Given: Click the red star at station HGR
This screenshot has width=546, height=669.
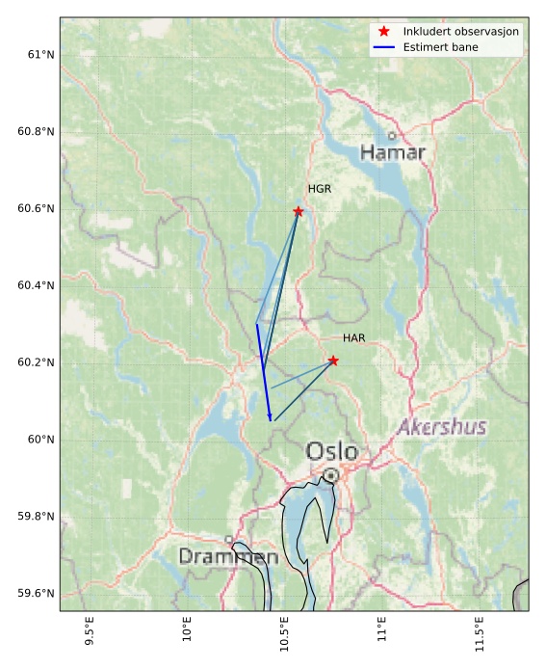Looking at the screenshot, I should (x=299, y=211).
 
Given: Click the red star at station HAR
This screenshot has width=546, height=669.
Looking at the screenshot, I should (x=333, y=361).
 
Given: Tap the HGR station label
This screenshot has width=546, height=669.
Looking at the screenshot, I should (x=319, y=189).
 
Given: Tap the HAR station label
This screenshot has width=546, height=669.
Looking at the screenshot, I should (x=353, y=338).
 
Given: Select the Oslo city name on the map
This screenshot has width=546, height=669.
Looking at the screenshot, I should (x=331, y=451).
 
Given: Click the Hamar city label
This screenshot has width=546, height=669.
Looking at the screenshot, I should (x=392, y=152).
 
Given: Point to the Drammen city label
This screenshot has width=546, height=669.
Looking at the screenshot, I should (x=228, y=557).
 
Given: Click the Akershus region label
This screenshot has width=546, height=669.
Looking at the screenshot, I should (x=441, y=427).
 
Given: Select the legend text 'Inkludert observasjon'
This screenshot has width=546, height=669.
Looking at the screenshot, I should (x=460, y=32).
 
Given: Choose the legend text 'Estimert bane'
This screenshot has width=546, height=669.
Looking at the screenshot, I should (x=440, y=46).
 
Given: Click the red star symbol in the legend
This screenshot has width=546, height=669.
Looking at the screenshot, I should (x=383, y=32).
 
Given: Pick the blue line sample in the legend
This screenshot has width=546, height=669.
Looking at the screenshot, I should (x=383, y=46).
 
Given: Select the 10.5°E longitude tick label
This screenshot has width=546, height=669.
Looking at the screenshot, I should (x=285, y=633).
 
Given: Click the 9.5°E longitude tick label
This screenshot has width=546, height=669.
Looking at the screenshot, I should (x=90, y=631).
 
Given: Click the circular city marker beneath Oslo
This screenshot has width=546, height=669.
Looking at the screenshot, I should (x=331, y=475).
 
